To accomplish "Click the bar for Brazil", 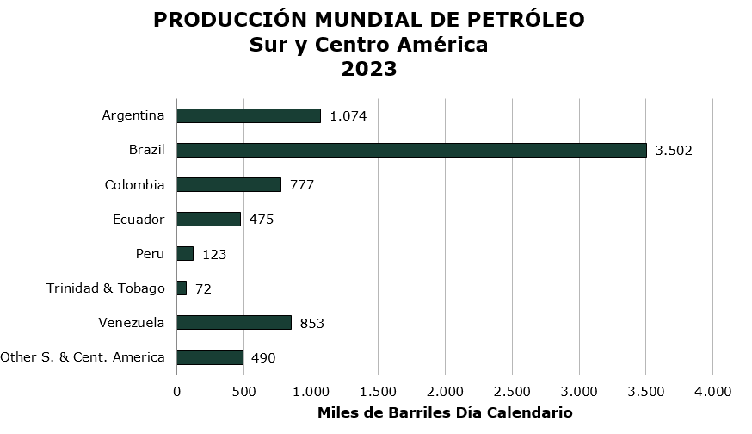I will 411,150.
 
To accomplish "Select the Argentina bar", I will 249,115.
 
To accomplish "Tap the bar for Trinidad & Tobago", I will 182,288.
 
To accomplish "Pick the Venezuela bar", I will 234,322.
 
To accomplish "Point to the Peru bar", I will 185,253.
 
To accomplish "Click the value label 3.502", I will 674,151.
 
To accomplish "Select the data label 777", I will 302,185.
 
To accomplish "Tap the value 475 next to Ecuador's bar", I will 261,220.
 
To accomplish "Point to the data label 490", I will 263,357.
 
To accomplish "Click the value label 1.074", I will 348,116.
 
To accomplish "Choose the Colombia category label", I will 134,184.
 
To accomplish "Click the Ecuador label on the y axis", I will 139,219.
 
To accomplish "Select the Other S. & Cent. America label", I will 83,356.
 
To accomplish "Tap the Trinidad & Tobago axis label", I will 105,288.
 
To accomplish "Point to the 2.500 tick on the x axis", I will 512,392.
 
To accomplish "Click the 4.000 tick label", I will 712,392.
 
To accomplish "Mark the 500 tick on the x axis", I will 243,392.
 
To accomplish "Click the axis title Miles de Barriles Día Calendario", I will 445,412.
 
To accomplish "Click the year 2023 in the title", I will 369,69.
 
